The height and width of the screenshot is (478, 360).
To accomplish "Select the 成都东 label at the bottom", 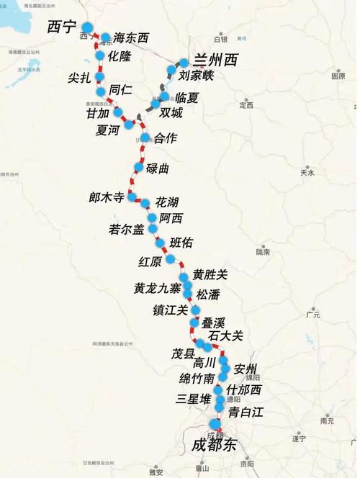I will click(x=214, y=445).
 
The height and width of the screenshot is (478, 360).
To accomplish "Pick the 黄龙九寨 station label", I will click(x=158, y=288).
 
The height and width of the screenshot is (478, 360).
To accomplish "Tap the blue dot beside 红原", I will click(x=171, y=259).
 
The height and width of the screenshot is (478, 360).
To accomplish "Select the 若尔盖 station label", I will click(x=127, y=229).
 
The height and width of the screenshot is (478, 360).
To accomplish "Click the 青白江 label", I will click(x=246, y=412).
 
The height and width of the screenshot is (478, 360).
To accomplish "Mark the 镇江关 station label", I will click(x=170, y=310).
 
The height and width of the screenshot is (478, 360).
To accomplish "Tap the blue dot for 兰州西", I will click(x=184, y=63).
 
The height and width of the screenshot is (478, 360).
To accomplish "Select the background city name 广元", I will click(x=312, y=315).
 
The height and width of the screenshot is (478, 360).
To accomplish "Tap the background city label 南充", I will click(x=326, y=420).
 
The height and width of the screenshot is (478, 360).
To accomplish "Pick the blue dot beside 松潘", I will click(x=189, y=294).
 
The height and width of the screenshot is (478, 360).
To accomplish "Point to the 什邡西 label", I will click(x=243, y=390).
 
